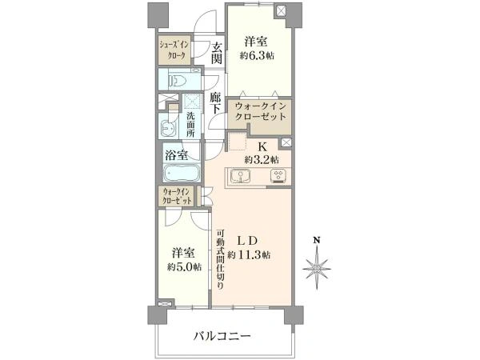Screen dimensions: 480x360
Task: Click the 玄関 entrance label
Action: [x=217, y=53]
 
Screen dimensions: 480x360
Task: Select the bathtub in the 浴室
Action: [x=182, y=174]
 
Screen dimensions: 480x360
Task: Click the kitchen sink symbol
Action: [x=241, y=176]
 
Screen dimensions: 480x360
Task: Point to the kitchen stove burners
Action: [x=278, y=176]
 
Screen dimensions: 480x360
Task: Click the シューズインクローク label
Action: [x=174, y=50]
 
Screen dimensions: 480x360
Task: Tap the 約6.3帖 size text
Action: [x=257, y=56]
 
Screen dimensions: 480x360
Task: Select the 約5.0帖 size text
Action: [x=184, y=267]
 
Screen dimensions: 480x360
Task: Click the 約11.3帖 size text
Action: [x=249, y=254]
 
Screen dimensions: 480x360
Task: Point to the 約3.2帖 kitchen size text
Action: [x=262, y=159]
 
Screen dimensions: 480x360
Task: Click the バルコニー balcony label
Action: [x=222, y=336]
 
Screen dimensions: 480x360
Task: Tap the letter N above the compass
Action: [x=317, y=240]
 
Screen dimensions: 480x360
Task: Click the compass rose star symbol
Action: [x=317, y=269]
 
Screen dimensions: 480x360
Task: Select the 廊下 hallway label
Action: [x=216, y=103]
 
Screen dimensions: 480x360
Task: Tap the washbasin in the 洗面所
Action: [x=167, y=128]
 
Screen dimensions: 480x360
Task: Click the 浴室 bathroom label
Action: [x=177, y=155]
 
